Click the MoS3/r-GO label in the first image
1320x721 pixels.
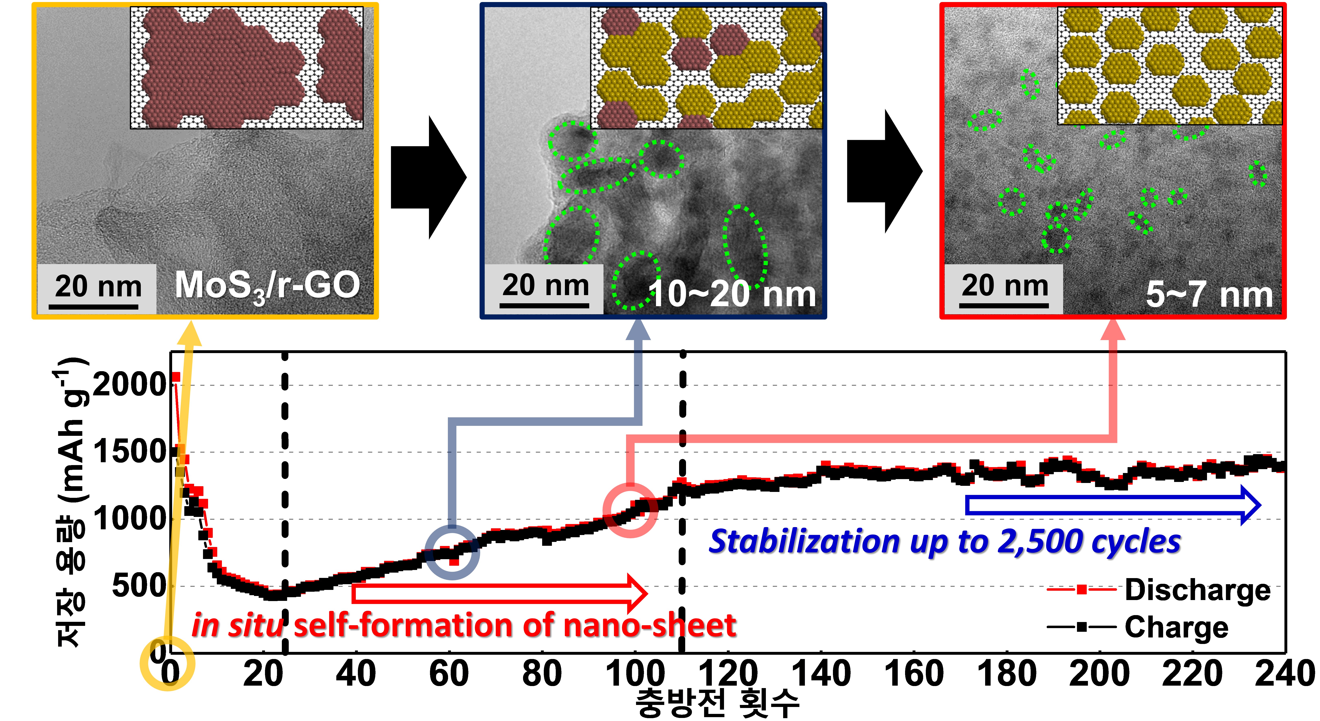point(267,286)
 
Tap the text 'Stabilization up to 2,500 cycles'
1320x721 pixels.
point(944,542)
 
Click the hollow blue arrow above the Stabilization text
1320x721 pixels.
point(1112,505)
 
